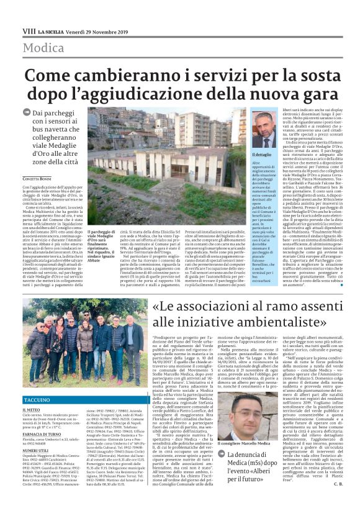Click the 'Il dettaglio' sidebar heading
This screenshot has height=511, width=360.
pyautogui.click(x=262, y=153)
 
